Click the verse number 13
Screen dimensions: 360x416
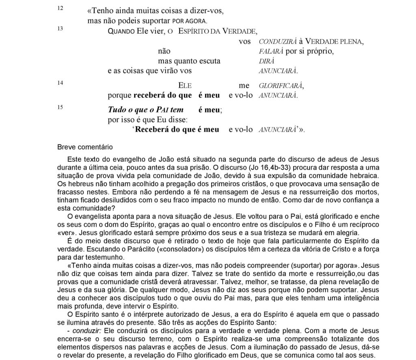click(x=59, y=28)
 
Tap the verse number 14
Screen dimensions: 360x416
click(x=59, y=83)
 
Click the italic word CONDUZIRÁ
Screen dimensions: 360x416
click(x=277, y=42)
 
